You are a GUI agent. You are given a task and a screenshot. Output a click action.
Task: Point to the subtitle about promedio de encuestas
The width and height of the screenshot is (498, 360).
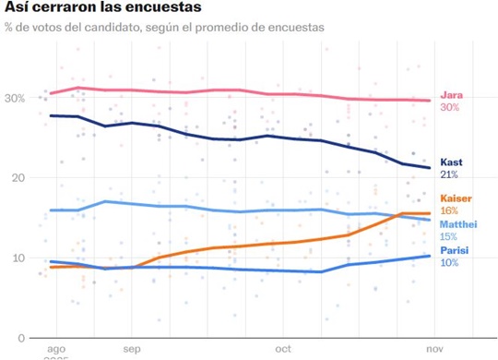coord(165,27)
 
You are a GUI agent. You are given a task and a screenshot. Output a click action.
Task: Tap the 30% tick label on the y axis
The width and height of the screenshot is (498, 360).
coord(15,98)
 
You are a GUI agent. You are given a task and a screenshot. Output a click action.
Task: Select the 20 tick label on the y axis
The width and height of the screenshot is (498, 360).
coord(18,177)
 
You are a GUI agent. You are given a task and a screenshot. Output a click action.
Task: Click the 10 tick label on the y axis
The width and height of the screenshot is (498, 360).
coord(18,258)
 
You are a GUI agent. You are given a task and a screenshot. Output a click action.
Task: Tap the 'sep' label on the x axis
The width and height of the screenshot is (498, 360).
coord(129,350)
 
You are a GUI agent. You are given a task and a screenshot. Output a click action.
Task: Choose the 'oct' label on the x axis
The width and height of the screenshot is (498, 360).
coord(283,350)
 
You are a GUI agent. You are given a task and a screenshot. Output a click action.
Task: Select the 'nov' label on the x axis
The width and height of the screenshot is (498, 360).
coord(431,350)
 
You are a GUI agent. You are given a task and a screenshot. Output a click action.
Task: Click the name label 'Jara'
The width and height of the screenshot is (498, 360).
coord(452,95)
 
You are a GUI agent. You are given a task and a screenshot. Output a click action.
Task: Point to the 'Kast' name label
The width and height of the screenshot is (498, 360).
coord(452,162)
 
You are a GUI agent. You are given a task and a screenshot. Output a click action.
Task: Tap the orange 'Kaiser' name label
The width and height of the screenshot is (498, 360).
coord(456,198)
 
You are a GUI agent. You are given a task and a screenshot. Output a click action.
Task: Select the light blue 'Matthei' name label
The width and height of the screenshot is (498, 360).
coord(460,224)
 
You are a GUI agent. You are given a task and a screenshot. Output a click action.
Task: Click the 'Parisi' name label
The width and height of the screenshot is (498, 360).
coord(456,249)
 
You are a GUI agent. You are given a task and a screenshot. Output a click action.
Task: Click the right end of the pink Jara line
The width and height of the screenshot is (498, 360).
coord(431,101)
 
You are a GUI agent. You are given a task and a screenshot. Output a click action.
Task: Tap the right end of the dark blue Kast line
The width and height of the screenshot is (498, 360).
coord(431,168)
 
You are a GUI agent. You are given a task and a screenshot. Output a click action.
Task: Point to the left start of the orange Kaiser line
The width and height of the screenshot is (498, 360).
coord(51,267)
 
